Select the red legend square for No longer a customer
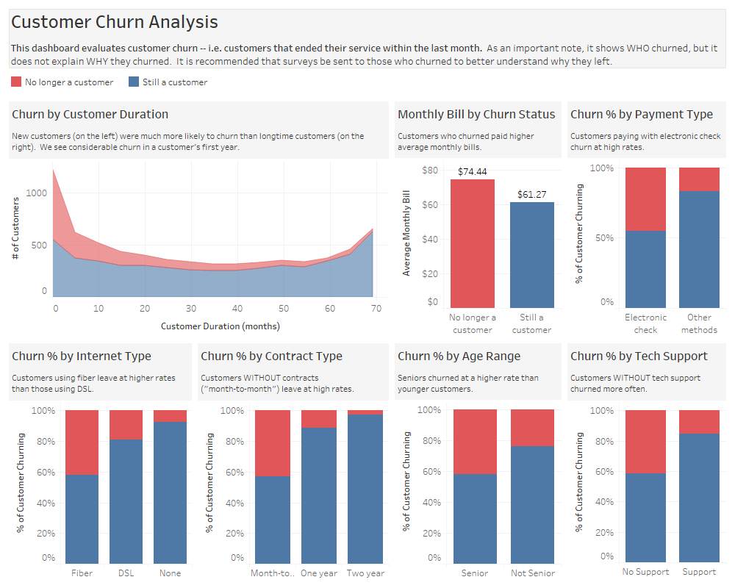(x=17, y=82)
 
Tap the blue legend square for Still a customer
(x=135, y=82)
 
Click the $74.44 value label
(x=472, y=172)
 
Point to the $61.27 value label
(x=531, y=195)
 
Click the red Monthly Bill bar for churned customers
(x=472, y=243)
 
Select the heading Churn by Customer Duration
(x=90, y=114)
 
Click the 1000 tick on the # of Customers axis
(x=35, y=193)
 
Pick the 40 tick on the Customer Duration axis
(x=237, y=309)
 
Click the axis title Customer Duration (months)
(x=220, y=326)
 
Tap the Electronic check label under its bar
(x=645, y=323)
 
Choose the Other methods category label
(x=699, y=323)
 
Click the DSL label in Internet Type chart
(x=126, y=573)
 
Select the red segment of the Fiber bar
(x=82, y=442)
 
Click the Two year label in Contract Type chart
(x=365, y=573)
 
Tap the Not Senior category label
(x=532, y=573)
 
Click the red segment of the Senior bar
(x=475, y=442)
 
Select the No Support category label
(x=645, y=572)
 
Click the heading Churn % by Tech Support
(x=639, y=356)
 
